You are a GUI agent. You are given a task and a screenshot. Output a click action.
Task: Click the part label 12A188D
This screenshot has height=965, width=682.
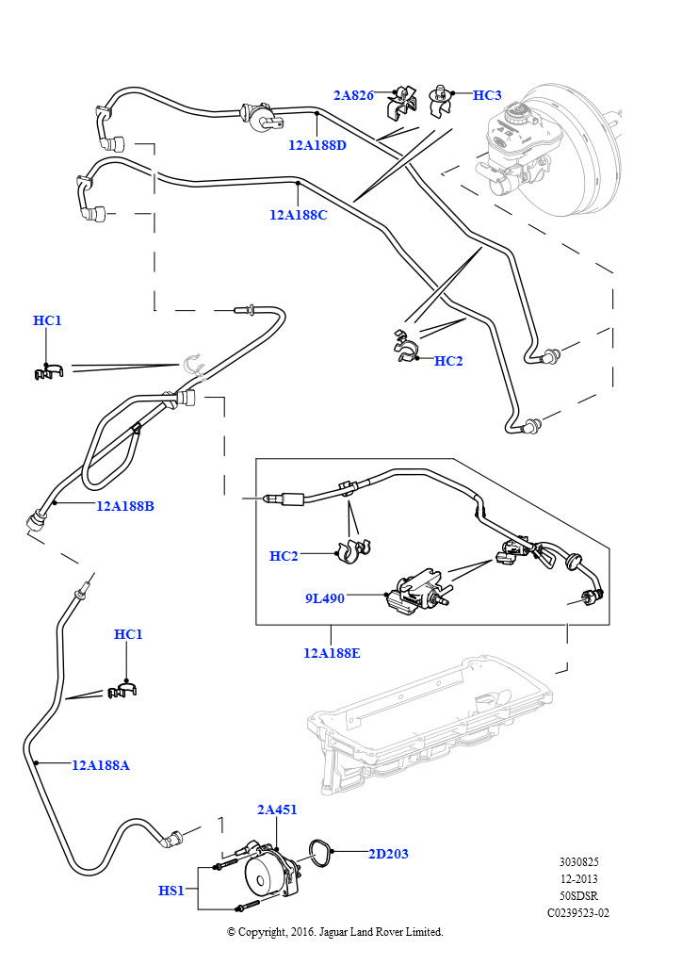317,145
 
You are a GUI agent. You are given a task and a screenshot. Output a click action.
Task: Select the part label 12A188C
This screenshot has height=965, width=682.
298,215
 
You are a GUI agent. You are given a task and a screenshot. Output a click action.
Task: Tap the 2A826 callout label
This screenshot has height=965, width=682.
353,95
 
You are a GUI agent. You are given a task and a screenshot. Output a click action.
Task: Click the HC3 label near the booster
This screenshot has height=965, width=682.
487,95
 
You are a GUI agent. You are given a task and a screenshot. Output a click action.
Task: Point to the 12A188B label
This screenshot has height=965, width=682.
124,506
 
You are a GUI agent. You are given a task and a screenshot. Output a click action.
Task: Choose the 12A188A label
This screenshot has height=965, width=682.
101,765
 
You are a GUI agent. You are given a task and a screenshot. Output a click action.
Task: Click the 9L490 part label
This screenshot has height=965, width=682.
324,597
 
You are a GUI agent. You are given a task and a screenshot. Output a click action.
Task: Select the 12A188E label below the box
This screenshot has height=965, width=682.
332,652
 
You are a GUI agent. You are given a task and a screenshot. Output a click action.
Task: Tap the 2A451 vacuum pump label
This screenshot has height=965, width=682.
277,810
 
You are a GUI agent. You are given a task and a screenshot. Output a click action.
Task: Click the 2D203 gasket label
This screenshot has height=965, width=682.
388,854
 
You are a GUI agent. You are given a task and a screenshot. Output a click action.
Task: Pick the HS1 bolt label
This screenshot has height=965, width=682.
171,890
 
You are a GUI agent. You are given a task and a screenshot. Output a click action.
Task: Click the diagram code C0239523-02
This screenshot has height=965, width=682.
578,912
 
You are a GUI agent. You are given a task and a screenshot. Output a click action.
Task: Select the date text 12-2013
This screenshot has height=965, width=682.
578,878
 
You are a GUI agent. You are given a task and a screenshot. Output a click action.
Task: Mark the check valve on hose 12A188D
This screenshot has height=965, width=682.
256,117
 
